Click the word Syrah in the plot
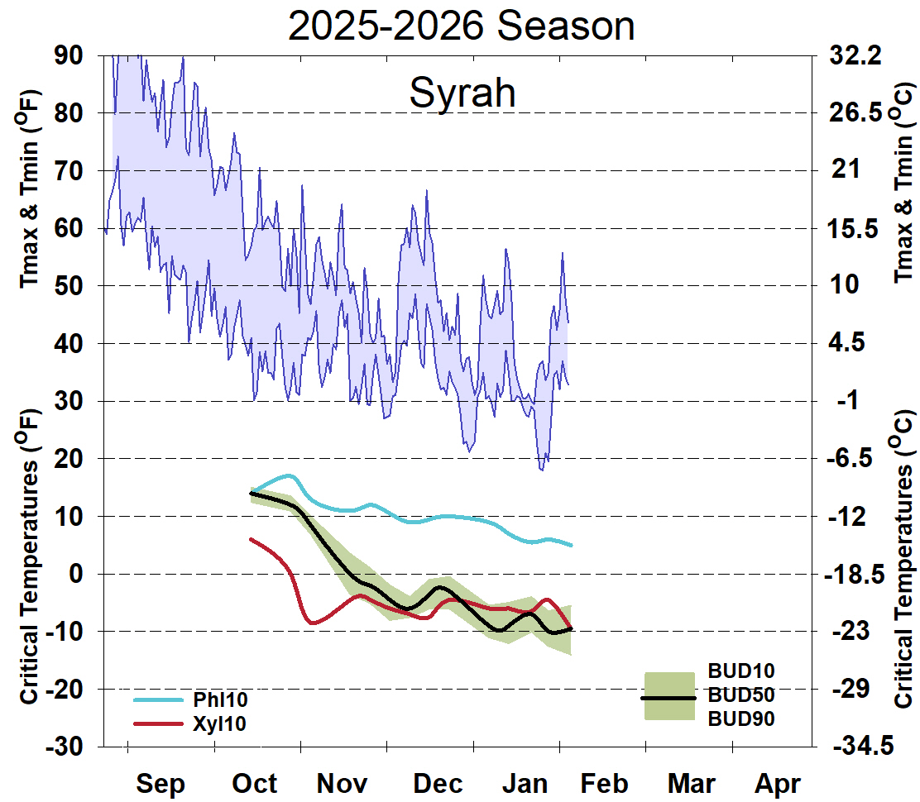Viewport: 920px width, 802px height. pyautogui.click(x=462, y=93)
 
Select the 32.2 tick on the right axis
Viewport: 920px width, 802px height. pyautogui.click(x=856, y=55)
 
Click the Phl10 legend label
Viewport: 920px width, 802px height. pyautogui.click(x=220, y=700)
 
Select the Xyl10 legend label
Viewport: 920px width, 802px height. pyautogui.click(x=220, y=723)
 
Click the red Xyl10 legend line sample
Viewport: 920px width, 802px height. pyautogui.click(x=157, y=723)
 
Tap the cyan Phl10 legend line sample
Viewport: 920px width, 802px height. pyautogui.click(x=157, y=700)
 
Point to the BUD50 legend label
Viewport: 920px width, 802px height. pyautogui.click(x=741, y=695)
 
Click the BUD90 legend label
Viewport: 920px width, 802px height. pyautogui.click(x=741, y=719)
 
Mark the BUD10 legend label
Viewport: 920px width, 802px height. pyautogui.click(x=741, y=670)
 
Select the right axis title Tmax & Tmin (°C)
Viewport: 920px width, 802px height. pyautogui.click(x=903, y=182)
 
